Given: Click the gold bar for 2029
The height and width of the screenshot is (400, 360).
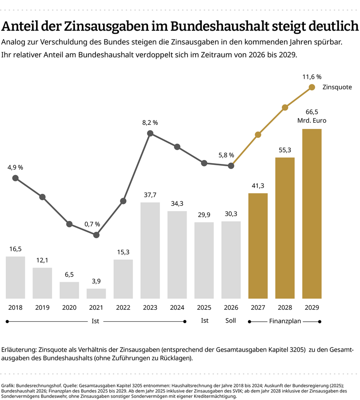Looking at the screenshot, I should point(312,213).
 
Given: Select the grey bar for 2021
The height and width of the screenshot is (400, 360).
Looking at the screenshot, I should point(96,293).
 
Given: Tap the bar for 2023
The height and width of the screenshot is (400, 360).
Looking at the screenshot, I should point(150,250).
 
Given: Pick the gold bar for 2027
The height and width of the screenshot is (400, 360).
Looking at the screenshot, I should point(258,245).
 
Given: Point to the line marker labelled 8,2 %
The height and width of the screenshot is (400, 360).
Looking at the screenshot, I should point(150,133).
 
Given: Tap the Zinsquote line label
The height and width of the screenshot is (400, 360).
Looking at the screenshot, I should point(337,87).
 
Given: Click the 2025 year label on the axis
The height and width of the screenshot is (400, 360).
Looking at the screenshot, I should point(204,307).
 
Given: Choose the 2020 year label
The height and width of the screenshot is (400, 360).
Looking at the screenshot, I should point(69,307).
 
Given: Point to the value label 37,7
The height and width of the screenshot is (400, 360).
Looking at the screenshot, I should point(150,195).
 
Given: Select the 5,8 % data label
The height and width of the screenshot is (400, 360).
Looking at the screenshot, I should point(226,155).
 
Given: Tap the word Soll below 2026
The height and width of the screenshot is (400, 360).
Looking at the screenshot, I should point(231,320).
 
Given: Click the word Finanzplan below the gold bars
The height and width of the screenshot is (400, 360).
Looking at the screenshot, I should point(284,320).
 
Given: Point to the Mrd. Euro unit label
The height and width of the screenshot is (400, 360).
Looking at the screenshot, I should point(312,120).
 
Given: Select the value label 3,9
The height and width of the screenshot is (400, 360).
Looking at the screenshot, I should point(96,281).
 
